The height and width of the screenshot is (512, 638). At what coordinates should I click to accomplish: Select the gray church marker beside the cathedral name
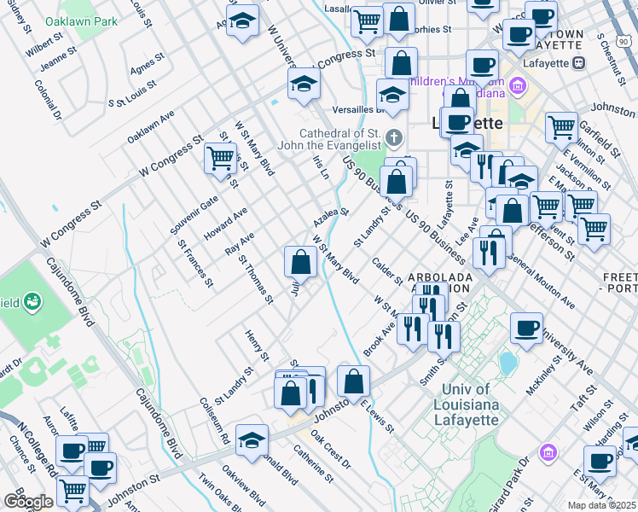click(393, 137)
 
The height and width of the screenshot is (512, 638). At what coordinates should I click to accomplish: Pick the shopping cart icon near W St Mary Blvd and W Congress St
click(220, 158)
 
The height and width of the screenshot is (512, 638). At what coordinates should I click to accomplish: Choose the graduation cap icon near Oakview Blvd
click(252, 439)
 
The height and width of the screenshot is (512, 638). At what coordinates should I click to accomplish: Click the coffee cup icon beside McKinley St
click(526, 329)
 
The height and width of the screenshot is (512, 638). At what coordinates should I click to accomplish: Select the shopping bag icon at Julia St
click(300, 261)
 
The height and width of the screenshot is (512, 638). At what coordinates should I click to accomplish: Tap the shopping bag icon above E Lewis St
click(353, 381)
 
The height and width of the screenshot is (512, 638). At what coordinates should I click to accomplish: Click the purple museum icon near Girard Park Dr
click(548, 451)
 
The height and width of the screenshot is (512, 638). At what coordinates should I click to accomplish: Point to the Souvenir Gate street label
click(198, 213)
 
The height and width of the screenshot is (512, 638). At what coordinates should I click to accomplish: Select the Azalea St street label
click(332, 211)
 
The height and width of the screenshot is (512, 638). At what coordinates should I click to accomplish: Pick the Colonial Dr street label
click(49, 98)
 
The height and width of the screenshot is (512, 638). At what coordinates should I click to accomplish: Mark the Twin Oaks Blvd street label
click(217, 491)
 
